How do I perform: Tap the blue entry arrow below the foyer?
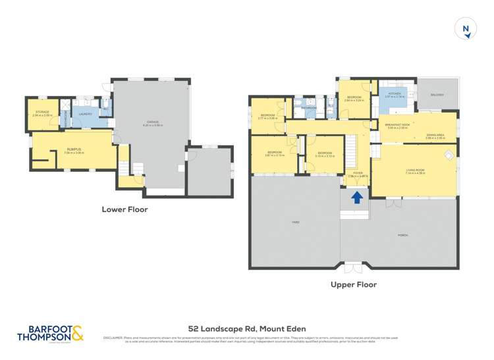click(356, 197)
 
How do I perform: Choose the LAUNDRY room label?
click(85, 115)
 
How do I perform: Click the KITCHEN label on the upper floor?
click(395, 94)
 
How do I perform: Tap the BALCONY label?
click(437, 95)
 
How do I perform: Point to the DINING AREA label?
click(435, 135)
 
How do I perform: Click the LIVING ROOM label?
click(415, 170)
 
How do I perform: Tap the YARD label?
click(296, 222)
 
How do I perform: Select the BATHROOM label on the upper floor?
click(309, 107)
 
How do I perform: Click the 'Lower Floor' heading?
click(124, 210)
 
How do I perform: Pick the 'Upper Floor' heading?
click(354, 285)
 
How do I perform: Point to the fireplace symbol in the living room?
click(449, 156)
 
